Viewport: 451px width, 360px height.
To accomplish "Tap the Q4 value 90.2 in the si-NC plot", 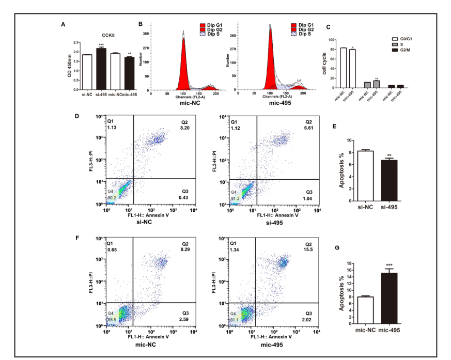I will coord(112,197).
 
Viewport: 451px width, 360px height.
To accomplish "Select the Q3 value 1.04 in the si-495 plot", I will coord(309,198).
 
